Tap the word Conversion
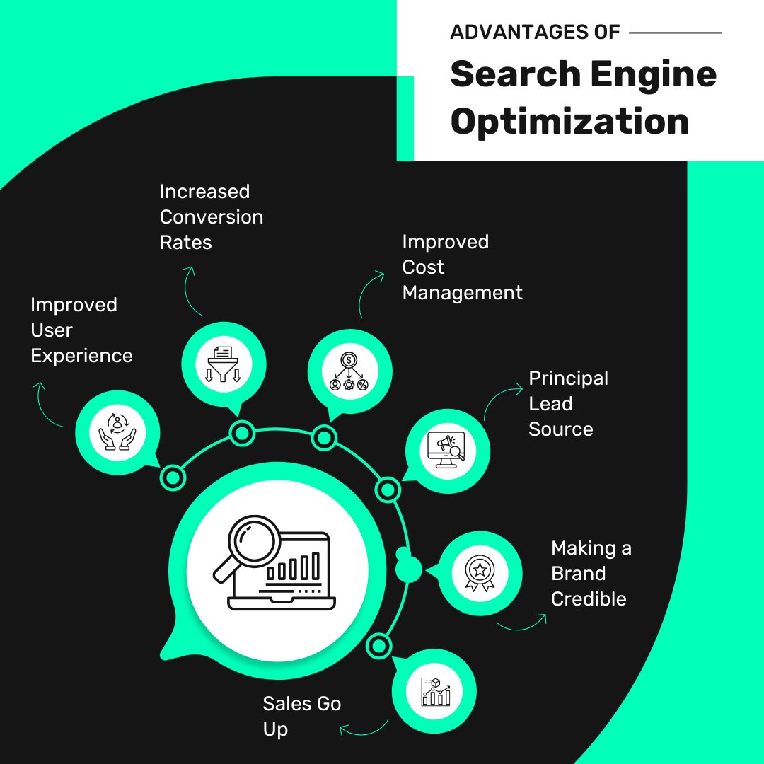click(x=212, y=217)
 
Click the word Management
click(x=462, y=293)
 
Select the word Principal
click(x=568, y=378)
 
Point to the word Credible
click(x=589, y=598)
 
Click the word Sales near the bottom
click(x=286, y=704)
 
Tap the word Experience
click(x=81, y=356)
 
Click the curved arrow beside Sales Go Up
click(x=363, y=728)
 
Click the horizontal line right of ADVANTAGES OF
click(x=675, y=33)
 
